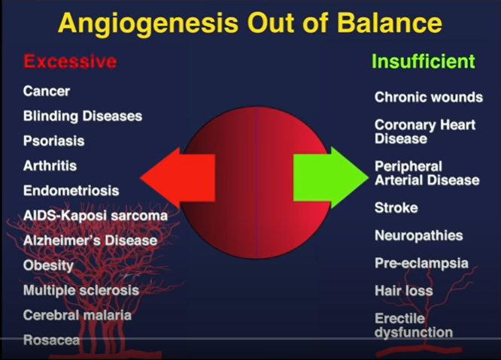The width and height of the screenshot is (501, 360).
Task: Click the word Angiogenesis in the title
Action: pos(148,24)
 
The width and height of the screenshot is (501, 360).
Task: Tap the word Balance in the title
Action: pos(390,23)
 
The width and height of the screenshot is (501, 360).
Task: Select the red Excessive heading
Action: pos(70,61)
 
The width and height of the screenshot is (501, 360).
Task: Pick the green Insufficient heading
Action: pos(424,61)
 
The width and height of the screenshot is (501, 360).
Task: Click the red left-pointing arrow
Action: pos(178,178)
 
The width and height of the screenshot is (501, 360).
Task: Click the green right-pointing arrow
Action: pos(331,177)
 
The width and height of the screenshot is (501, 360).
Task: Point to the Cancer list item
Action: pos(47,91)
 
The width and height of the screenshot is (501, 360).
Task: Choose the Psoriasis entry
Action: pos(53,141)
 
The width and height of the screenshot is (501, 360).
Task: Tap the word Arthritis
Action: pos(50,165)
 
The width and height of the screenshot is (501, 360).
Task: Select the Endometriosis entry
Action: pos(71,191)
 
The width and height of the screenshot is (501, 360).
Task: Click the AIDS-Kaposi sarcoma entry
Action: pos(96,216)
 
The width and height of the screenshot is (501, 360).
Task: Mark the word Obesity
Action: pos(48,265)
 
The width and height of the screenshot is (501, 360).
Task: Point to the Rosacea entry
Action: pos(51,340)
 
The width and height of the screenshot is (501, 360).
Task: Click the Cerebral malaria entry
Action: pos(77,316)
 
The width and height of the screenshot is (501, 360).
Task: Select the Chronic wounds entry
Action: pos(429,97)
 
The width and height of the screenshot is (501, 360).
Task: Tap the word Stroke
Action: pos(396,207)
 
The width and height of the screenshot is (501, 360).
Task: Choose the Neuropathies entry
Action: pos(418,236)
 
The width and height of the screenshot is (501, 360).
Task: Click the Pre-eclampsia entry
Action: pos(421,263)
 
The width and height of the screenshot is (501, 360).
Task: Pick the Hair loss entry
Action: pos(404,291)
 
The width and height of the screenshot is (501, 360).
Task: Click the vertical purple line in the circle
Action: pos(257,182)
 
